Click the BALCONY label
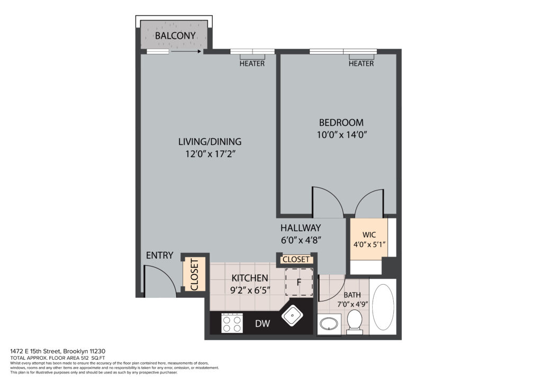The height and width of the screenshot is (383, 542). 175,35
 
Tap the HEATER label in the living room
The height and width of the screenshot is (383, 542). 252,63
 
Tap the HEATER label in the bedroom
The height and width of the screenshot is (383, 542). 361,63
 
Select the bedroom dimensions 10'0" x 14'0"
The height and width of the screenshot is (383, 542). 341,135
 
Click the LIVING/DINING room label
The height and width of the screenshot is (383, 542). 210,142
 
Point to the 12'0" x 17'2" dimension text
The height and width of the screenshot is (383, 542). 210,154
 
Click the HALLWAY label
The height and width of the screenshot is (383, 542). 301,228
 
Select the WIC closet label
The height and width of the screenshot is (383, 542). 369,235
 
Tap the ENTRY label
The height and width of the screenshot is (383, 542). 159,256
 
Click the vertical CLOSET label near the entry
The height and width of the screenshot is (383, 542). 194,275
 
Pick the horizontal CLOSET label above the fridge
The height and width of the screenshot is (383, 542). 296,259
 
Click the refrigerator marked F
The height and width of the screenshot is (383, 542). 299,282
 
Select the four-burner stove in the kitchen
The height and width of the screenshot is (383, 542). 232,323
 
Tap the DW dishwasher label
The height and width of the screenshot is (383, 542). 263,324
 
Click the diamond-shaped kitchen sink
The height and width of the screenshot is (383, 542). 292,316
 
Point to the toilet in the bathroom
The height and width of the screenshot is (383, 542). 354,322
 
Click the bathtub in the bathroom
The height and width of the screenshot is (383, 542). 383,307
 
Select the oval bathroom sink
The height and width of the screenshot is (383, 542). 329,324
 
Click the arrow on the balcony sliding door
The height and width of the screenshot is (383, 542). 186,52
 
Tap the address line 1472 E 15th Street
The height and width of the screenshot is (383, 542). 58,352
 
